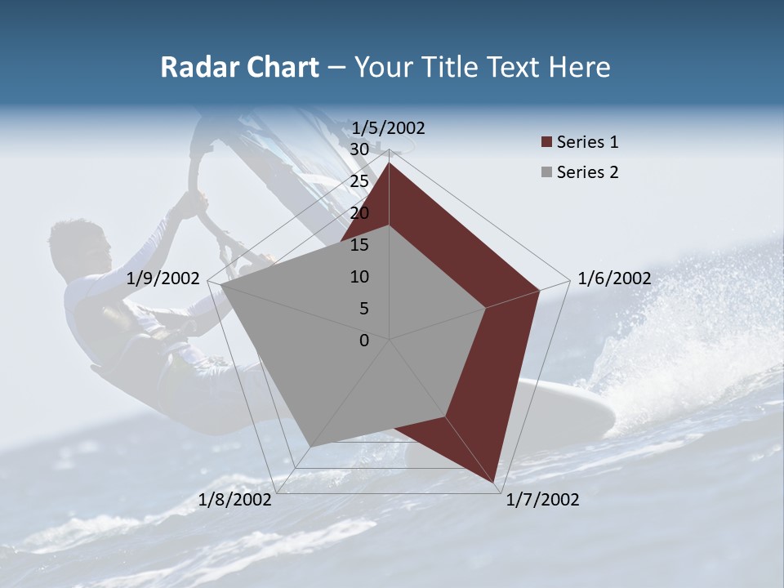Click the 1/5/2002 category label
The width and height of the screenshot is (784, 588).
[x=388, y=127]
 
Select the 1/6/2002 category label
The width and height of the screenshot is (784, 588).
[x=614, y=278]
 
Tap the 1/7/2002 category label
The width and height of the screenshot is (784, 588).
[x=542, y=500]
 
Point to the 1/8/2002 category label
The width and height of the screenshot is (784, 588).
[x=235, y=500]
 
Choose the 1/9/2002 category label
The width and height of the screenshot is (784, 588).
[x=163, y=278]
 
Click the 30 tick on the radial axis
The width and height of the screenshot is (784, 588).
[x=359, y=149]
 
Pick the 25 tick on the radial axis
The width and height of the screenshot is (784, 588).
[x=359, y=181]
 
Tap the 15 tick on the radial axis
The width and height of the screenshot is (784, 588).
[x=359, y=245]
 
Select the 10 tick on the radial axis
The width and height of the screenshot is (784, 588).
[x=359, y=277]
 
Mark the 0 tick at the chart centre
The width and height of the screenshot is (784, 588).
[x=364, y=341]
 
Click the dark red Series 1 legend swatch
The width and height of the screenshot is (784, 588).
[x=546, y=143]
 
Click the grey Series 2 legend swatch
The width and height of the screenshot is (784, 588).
[x=546, y=173]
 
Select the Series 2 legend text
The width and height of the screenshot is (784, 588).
[x=587, y=172]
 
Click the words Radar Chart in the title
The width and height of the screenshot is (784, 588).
[x=239, y=68]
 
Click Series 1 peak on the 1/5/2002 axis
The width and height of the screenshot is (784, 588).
[x=389, y=163]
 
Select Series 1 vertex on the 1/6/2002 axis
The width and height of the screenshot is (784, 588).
[x=539, y=290]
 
